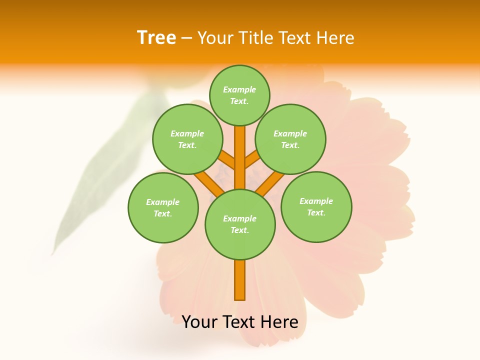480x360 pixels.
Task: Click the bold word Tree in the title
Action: point(156,37)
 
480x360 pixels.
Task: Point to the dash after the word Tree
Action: point(186,38)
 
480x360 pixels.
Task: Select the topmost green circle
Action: point(239,95)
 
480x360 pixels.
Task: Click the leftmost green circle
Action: point(163,208)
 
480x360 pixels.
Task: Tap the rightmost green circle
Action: point(316,207)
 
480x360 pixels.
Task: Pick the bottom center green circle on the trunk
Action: point(240,224)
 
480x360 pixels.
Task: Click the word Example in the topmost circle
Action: point(239,89)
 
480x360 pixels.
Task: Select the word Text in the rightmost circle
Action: point(316,212)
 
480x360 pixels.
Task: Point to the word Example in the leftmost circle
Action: point(162,202)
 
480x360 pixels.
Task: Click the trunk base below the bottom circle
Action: point(240,280)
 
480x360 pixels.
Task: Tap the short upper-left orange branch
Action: point(227,160)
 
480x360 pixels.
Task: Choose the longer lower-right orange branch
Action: point(270,182)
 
